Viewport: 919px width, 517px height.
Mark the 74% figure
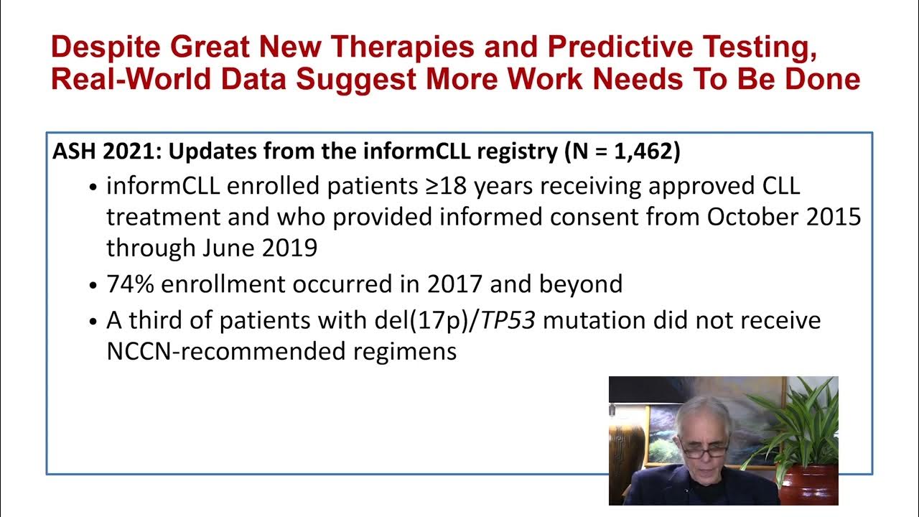coord(130,284)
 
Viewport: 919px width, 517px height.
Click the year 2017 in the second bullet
coord(455,284)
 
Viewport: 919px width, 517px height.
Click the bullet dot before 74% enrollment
coord(93,285)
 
